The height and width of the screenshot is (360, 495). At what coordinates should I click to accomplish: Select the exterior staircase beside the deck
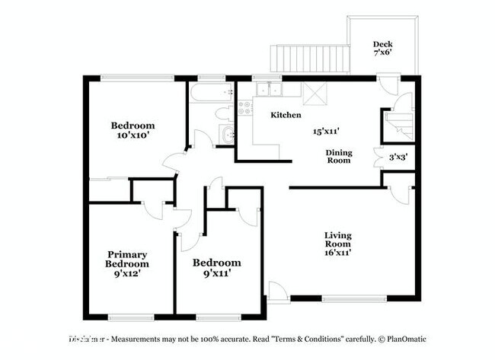pyautogui.click(x=308, y=57)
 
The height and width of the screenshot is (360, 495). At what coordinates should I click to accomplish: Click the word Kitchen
pyautogui.click(x=286, y=115)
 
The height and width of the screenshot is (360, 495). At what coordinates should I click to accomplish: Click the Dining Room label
pyautogui.click(x=339, y=156)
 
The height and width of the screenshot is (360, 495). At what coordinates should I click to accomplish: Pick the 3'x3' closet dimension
pyautogui.click(x=398, y=158)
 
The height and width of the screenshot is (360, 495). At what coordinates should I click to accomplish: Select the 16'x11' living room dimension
pyautogui.click(x=338, y=252)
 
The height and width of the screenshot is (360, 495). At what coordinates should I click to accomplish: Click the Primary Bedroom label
pyautogui.click(x=127, y=259)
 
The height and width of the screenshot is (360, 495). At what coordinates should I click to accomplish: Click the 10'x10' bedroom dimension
pyautogui.click(x=133, y=135)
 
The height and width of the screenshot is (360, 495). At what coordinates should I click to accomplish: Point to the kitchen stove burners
pyautogui.click(x=245, y=107)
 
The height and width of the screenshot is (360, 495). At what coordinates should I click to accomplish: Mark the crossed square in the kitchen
pyautogui.click(x=313, y=93)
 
